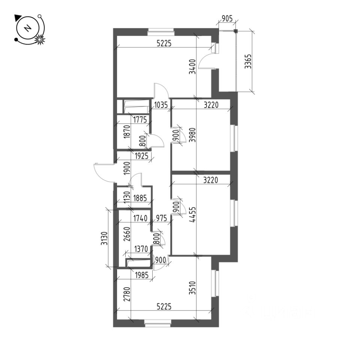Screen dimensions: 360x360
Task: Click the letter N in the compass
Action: (x=27, y=28)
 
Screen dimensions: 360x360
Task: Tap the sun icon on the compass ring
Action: (x=40, y=39)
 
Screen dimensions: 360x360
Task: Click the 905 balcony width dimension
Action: (x=227, y=18)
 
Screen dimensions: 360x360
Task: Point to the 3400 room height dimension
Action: (x=192, y=67)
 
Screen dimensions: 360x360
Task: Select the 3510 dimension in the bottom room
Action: (x=192, y=288)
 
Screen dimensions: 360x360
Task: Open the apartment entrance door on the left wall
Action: (x=103, y=172)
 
